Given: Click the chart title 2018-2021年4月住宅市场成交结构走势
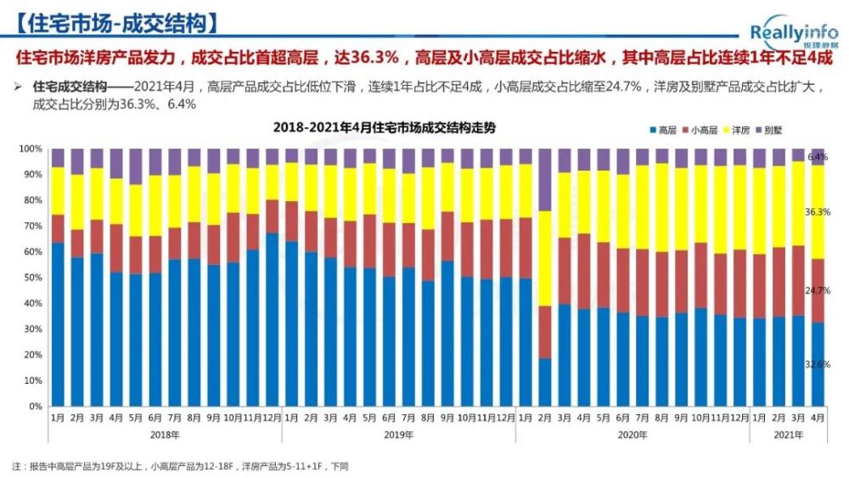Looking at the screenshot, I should [x=384, y=127].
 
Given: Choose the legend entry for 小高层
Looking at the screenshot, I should [x=700, y=130].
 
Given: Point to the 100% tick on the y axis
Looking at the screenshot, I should [x=31, y=149].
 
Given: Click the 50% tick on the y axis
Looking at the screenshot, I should [x=32, y=278].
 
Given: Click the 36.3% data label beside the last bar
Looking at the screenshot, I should [x=818, y=212].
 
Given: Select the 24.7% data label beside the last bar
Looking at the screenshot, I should [x=818, y=290].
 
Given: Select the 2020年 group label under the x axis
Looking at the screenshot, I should [x=633, y=434].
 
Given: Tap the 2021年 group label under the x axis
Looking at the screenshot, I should [x=788, y=434].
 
